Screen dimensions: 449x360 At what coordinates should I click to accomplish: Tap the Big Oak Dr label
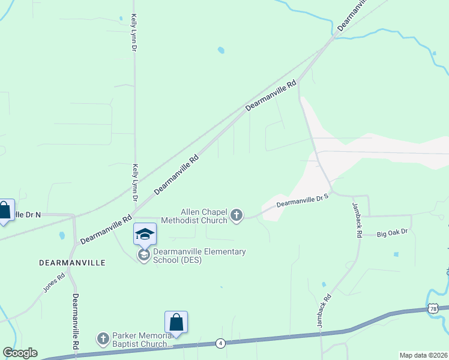tap(393, 232)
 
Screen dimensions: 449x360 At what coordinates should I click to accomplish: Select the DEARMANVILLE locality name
tap(72, 263)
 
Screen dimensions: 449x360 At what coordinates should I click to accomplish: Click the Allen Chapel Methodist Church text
tap(204, 216)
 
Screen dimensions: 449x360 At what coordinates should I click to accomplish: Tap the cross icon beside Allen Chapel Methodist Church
tap(237, 215)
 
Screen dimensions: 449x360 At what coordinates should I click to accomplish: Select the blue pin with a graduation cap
tap(145, 233)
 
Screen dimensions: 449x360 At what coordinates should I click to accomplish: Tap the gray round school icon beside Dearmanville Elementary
tap(143, 255)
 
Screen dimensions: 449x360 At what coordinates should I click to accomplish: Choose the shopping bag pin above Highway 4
tap(176, 322)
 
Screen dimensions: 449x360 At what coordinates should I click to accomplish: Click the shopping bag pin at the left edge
tap(5, 210)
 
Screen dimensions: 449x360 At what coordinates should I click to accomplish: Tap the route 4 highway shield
tap(221, 343)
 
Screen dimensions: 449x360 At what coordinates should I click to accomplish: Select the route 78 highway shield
tap(433, 308)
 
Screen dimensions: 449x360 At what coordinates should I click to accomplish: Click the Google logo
tap(20, 353)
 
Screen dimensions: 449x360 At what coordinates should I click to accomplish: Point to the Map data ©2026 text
tap(423, 355)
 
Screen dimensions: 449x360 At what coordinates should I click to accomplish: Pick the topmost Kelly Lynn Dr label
tap(134, 33)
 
